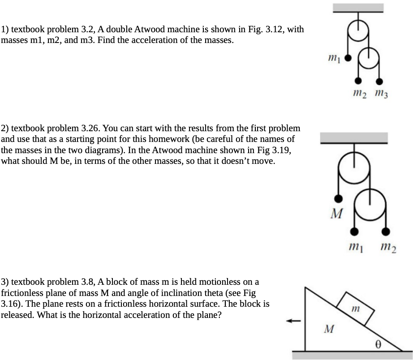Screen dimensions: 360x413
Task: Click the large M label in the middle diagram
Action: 336,213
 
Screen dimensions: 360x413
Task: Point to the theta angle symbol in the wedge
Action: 379,344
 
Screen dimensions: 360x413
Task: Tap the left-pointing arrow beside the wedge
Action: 293,321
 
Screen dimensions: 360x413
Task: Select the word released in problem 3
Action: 18,315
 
